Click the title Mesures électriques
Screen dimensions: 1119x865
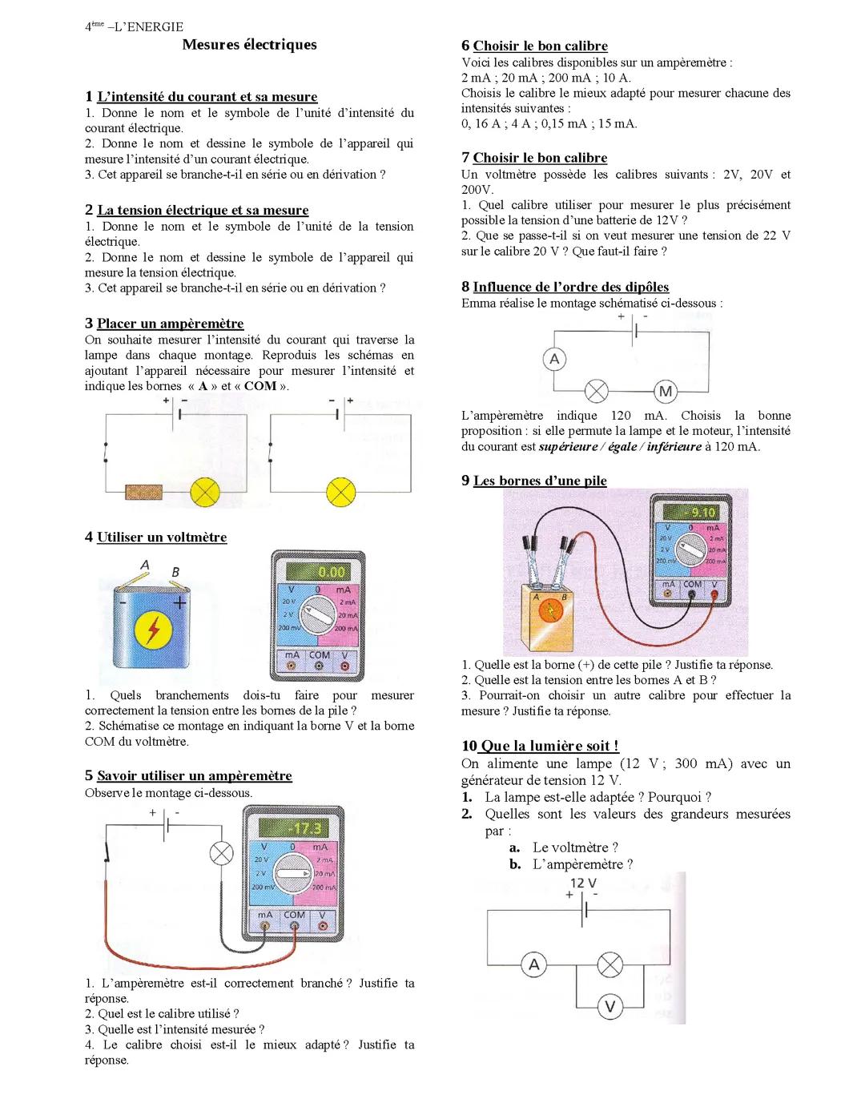point(249,45)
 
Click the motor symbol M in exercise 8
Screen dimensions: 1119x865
point(666,392)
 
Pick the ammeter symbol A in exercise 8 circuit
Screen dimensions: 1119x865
point(554,359)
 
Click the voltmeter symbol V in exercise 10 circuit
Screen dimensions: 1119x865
point(610,1006)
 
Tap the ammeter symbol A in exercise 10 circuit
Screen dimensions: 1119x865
point(533,965)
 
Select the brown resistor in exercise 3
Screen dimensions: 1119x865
point(143,491)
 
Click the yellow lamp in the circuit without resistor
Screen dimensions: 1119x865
point(341,491)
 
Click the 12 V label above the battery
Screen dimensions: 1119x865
point(583,883)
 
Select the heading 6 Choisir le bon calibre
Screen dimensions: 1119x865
point(534,46)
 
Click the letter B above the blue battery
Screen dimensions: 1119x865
point(175,572)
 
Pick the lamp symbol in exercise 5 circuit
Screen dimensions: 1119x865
point(221,853)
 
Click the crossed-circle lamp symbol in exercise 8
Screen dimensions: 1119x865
point(596,392)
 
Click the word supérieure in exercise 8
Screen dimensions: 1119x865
point(568,447)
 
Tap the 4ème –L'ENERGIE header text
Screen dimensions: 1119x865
point(134,26)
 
